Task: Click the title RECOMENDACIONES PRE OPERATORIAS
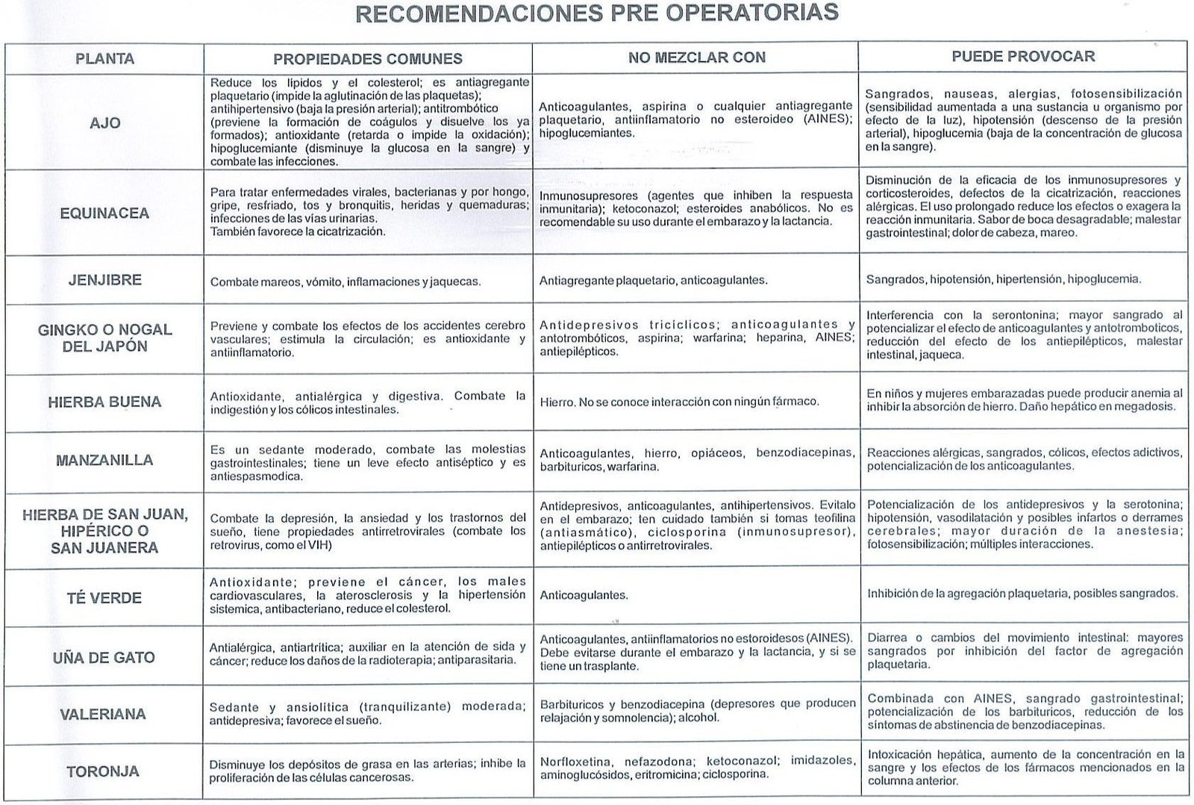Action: coord(596,13)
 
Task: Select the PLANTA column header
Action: coord(104,58)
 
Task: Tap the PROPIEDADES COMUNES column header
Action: coord(368,59)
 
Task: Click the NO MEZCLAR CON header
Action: coord(696,57)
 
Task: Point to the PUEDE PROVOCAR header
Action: coord(1023,56)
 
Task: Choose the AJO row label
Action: coord(104,123)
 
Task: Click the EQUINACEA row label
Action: coord(104,214)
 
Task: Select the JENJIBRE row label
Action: coord(104,280)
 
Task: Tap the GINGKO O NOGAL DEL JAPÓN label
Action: coord(104,338)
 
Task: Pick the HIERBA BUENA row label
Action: coord(104,402)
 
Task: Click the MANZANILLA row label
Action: coord(104,460)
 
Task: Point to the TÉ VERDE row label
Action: coord(104,597)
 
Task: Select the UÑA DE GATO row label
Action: coord(104,658)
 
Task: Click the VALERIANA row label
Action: coord(103,714)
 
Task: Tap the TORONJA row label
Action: coord(103,771)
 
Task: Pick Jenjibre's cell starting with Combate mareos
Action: coord(346,282)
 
